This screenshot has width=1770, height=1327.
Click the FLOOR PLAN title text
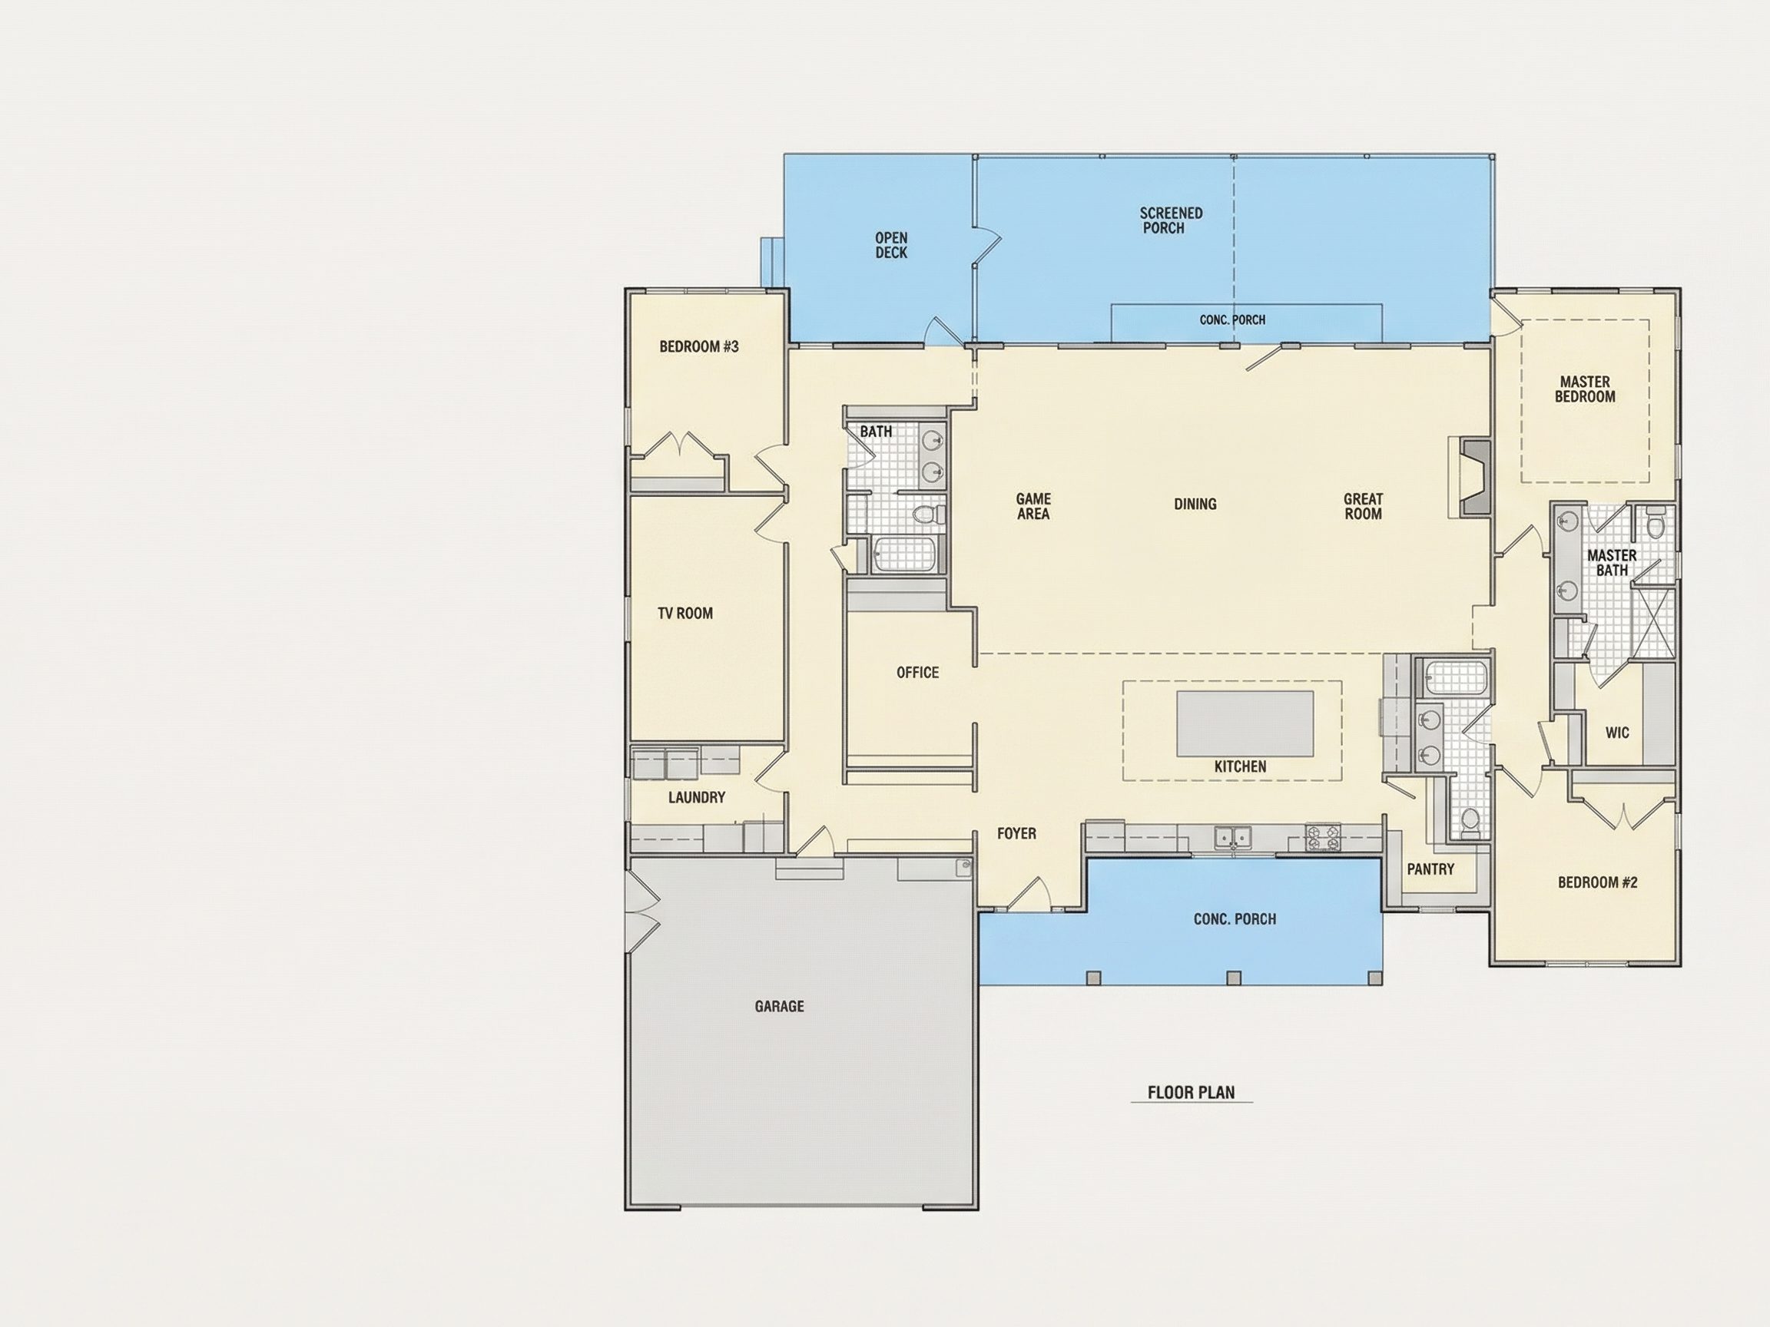[1191, 1093]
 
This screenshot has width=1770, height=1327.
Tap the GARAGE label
[780, 1006]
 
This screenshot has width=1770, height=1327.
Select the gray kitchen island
[1245, 723]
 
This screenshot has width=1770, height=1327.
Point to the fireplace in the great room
[1470, 477]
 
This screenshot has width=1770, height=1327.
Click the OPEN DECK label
[891, 246]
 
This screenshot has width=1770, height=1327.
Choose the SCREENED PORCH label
[1171, 220]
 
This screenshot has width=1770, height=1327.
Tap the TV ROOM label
[685, 614]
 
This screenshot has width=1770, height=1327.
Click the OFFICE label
[918, 673]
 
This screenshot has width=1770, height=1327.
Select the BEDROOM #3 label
[698, 346]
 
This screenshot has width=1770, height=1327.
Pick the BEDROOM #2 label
[1597, 882]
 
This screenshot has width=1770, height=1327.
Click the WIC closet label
[1617, 733]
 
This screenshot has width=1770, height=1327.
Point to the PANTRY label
[1430, 869]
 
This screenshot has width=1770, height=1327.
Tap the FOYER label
[1016, 833]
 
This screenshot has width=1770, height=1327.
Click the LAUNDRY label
[696, 797]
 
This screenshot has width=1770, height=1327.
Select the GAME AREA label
[1033, 506]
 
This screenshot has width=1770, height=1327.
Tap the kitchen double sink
[1232, 838]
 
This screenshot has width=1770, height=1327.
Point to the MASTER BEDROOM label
[1584, 389]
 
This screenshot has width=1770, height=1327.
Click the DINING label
[1195, 504]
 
